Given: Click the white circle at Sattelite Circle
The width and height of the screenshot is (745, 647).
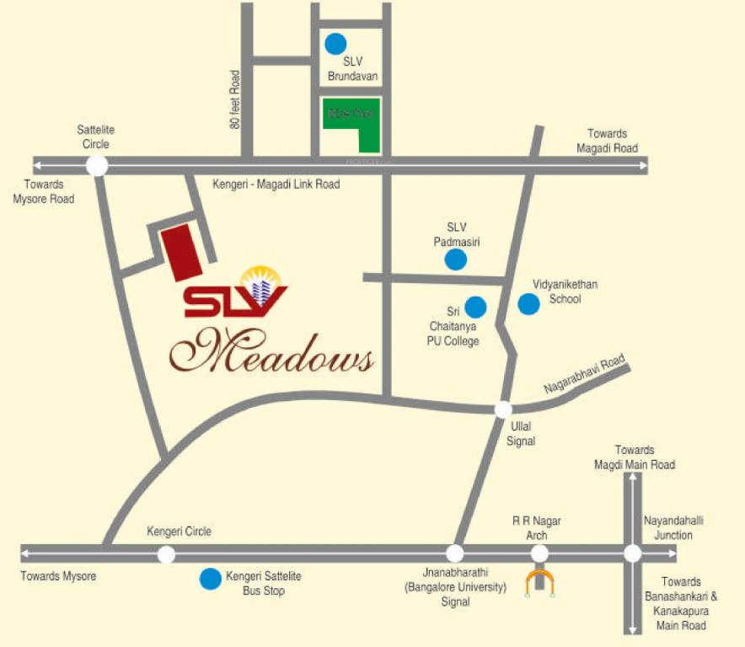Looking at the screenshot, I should (x=97, y=165).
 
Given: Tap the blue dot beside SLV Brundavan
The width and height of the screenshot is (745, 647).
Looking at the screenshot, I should (x=336, y=41).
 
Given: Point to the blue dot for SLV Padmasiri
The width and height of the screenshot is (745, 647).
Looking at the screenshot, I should (x=455, y=259).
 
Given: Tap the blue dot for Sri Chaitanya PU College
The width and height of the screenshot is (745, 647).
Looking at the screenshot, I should (x=476, y=307).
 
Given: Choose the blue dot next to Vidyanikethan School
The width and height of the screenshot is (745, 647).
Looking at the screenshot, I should (x=528, y=304).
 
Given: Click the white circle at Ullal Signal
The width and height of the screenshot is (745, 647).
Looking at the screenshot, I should (x=502, y=409).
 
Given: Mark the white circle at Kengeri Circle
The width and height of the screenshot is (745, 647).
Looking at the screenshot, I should (x=166, y=553).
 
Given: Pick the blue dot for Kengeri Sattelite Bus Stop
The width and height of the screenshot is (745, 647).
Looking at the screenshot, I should (x=209, y=579).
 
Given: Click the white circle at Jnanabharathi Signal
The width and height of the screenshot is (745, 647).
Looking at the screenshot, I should (x=455, y=553).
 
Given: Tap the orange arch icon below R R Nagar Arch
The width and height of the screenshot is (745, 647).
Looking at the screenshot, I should (x=539, y=582).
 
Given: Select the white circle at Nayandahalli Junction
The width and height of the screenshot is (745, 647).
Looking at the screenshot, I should (x=632, y=553).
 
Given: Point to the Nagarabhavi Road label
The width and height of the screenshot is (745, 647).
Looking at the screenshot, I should (x=583, y=376).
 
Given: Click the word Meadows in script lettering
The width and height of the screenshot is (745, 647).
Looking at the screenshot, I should (x=273, y=354).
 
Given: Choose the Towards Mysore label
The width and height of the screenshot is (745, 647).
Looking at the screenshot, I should (x=59, y=576).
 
